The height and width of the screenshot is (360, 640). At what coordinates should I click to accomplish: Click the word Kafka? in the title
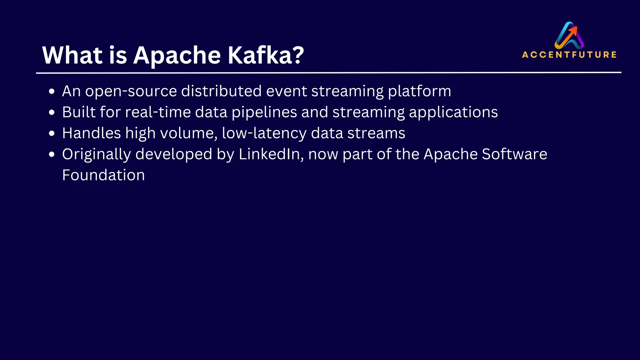(266, 55)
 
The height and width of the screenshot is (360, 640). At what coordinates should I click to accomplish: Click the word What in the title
(72, 55)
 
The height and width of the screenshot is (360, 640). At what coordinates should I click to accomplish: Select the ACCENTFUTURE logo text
(569, 55)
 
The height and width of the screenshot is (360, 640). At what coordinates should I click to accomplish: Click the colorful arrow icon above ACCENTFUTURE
(569, 35)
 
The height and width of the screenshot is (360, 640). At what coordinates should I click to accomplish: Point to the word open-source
(131, 92)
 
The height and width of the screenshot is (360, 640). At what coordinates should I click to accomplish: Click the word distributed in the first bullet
(221, 91)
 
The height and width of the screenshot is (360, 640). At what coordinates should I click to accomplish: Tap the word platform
(419, 92)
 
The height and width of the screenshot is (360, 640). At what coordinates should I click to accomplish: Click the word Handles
(91, 133)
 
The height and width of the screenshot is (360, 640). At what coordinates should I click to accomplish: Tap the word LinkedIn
(271, 154)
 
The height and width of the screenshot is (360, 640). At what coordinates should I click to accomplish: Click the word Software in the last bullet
(514, 154)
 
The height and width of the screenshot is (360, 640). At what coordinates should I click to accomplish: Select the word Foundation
(103, 175)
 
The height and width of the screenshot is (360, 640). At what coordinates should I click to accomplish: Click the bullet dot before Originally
(52, 154)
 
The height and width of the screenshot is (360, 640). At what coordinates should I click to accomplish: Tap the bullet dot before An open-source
(52, 92)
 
